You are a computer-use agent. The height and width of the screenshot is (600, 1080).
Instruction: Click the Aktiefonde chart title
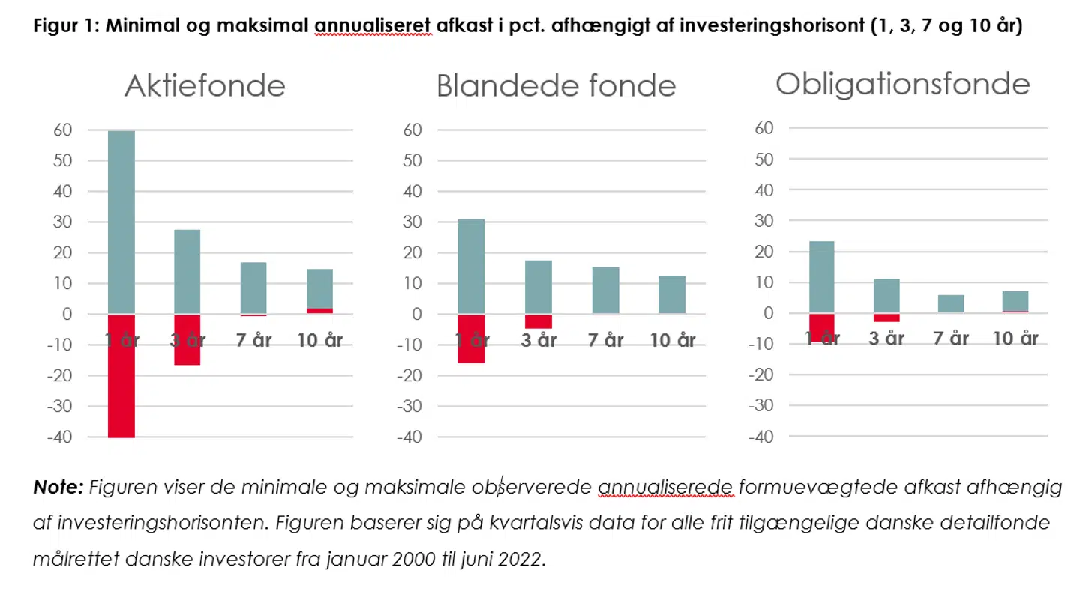205,86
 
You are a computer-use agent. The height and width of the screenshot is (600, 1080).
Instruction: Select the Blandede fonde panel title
556,86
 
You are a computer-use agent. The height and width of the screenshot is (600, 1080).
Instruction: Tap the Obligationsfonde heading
902,84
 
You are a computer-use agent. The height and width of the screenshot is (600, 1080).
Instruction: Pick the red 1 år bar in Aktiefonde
121,390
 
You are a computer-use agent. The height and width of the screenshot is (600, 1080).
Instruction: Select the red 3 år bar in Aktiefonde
187,352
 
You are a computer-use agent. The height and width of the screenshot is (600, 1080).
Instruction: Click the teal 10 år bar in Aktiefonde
319,288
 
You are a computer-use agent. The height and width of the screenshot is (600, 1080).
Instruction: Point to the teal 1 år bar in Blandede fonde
471,266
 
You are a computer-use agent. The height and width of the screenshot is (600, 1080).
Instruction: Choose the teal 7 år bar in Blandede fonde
605,290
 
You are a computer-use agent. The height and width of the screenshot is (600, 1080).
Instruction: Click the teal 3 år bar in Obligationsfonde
886,295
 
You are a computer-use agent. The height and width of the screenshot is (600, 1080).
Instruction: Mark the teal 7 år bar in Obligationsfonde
951,303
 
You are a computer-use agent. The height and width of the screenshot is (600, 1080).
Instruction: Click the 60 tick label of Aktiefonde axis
63,130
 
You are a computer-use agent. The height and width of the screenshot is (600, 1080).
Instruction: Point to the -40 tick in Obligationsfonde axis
760,437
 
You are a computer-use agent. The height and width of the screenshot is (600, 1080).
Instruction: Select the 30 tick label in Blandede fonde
412,222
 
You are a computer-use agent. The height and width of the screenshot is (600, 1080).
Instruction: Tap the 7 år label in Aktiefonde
254,340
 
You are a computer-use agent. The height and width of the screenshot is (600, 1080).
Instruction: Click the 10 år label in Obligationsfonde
1015,338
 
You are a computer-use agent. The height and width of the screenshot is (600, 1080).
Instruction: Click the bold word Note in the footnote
58,488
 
